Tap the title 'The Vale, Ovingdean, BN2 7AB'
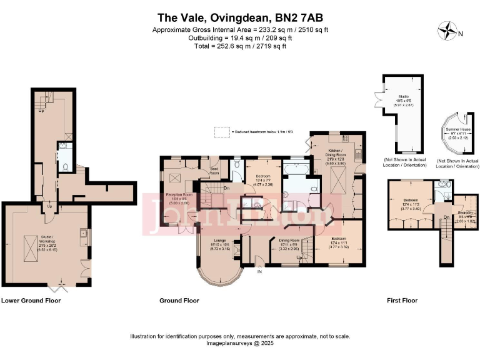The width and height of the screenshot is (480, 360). (240, 19)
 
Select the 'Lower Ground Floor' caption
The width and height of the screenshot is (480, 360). (31, 301)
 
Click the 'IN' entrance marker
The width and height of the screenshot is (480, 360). (260, 271)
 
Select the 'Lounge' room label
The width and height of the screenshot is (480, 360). (219, 240)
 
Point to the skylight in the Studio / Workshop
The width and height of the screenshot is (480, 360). (29, 243)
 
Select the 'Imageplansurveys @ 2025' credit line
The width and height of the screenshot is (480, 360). (240, 343)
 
